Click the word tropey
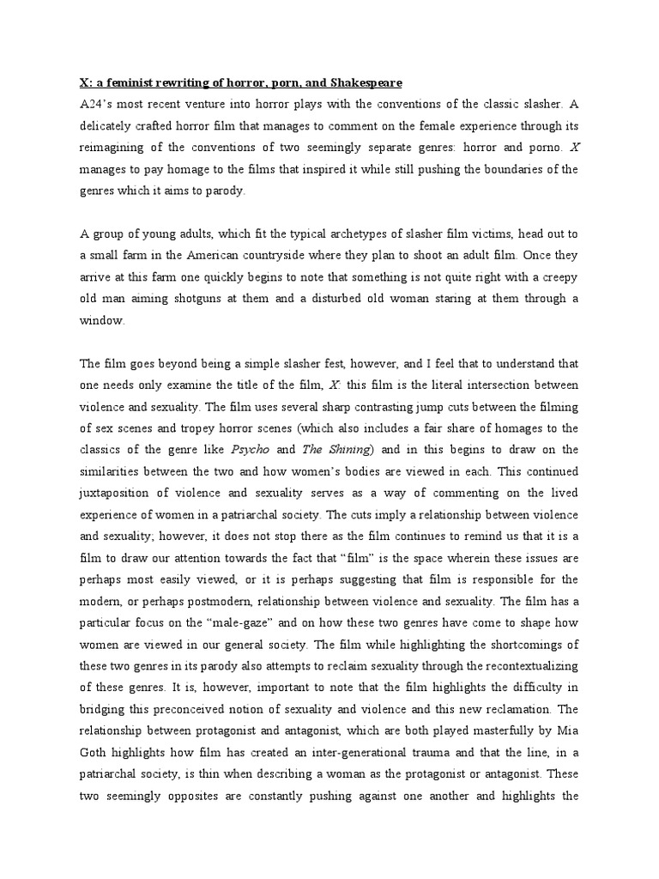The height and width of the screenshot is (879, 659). click(213, 428)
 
